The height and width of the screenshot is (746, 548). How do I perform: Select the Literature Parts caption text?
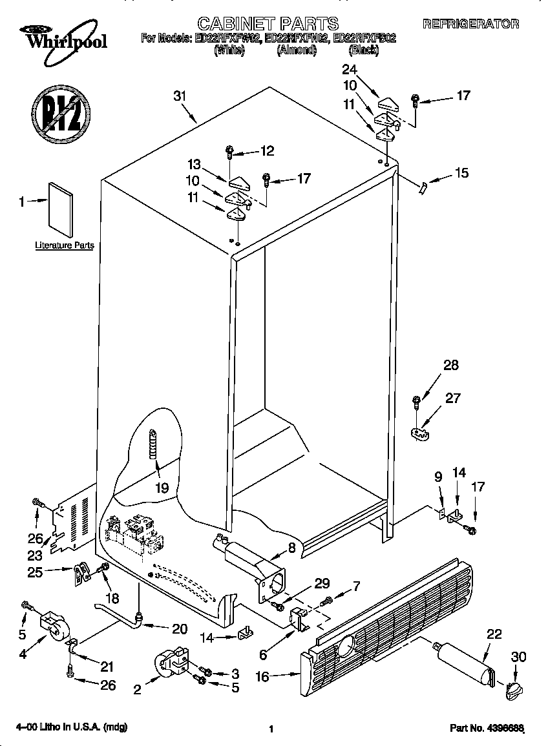pyautogui.click(x=65, y=245)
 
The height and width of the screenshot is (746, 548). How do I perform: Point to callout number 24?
pyautogui.click(x=350, y=69)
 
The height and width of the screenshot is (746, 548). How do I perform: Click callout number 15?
pyautogui.click(x=461, y=173)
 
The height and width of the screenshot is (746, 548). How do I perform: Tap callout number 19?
pyautogui.click(x=162, y=488)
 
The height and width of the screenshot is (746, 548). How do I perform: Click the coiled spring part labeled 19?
pyautogui.click(x=153, y=444)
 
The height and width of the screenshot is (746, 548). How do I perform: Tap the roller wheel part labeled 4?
pyautogui.click(x=54, y=627)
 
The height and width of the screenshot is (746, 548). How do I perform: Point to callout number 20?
pyautogui.click(x=179, y=629)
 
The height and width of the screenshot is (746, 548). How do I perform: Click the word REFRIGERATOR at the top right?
pyautogui.click(x=470, y=24)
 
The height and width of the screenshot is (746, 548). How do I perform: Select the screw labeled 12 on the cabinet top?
pyautogui.click(x=229, y=152)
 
